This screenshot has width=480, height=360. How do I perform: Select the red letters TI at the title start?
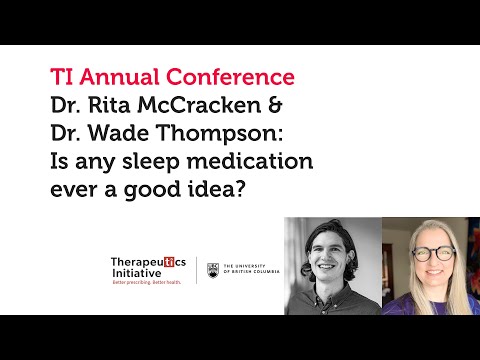(63, 76)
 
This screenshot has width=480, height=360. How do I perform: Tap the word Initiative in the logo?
(137, 274)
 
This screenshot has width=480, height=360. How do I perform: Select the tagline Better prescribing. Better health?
(148, 284)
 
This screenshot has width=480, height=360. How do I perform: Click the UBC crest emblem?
(212, 270)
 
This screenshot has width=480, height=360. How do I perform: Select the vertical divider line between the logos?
(196, 270)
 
